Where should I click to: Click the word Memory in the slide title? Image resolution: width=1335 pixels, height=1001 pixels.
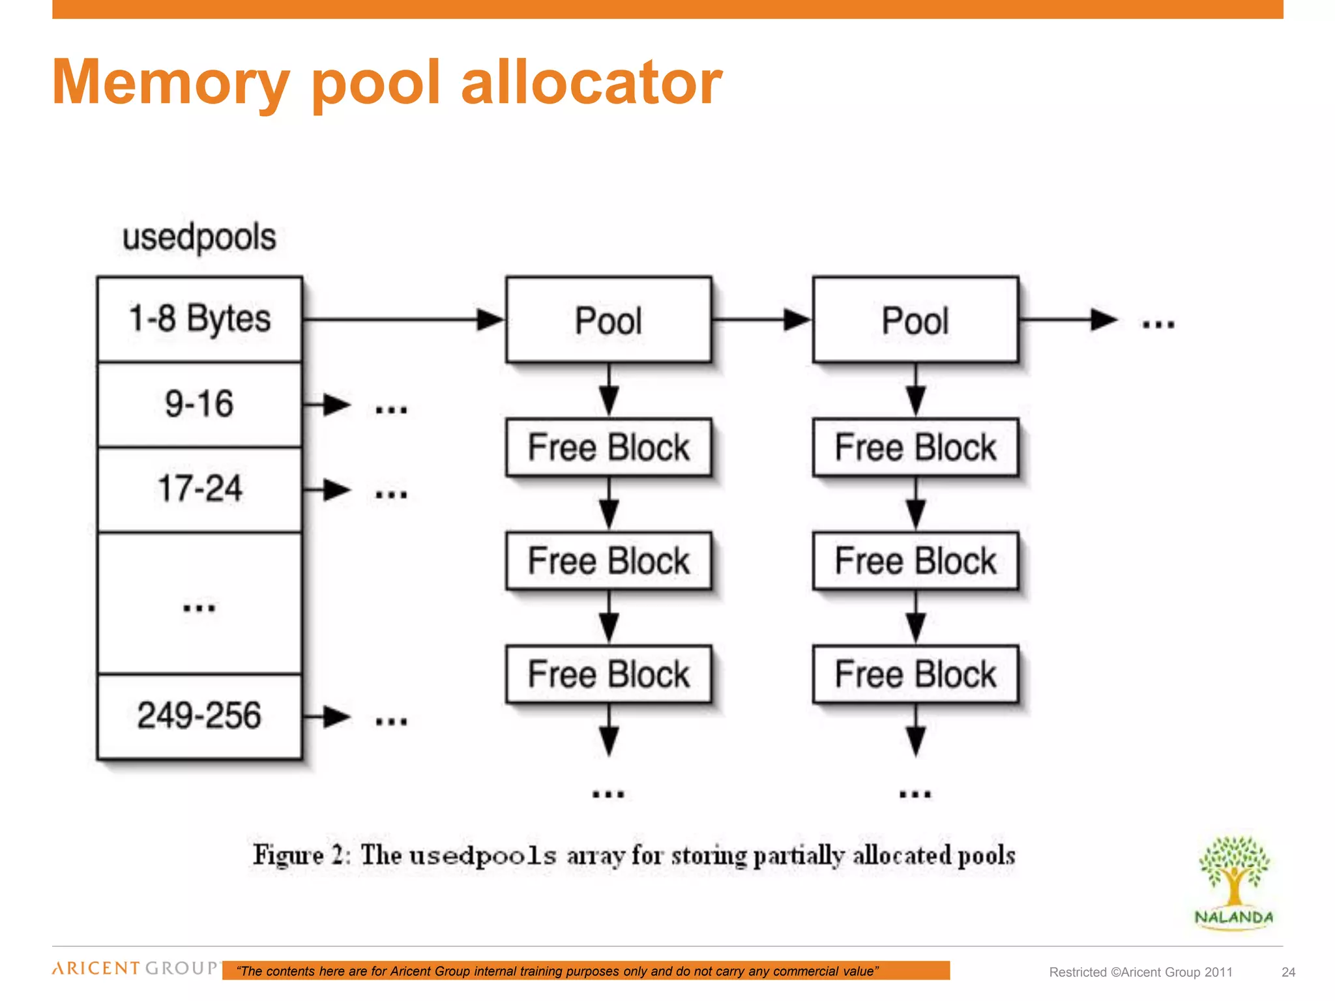(x=171, y=83)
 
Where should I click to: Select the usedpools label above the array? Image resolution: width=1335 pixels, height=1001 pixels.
(x=199, y=237)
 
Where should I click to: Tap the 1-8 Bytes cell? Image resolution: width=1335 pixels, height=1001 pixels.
(x=199, y=319)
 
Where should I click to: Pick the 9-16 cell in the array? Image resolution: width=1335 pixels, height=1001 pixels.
(x=199, y=404)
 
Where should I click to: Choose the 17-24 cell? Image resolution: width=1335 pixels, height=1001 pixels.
(x=199, y=489)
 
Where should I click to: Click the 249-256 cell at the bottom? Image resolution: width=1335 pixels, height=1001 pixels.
(x=199, y=716)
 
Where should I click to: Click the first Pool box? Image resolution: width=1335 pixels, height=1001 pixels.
(x=608, y=320)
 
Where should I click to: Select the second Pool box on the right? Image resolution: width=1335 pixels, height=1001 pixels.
(x=915, y=320)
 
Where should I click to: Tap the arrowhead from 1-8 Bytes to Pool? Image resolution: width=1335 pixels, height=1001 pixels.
(x=490, y=319)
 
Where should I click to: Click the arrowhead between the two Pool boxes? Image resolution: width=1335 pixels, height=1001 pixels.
(x=797, y=319)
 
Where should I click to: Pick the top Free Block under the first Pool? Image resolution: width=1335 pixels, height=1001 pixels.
(x=608, y=448)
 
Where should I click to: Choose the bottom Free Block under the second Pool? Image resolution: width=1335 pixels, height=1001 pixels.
(x=915, y=674)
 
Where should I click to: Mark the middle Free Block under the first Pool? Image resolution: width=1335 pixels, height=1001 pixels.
(x=608, y=561)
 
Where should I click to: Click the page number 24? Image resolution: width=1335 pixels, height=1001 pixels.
(x=1288, y=972)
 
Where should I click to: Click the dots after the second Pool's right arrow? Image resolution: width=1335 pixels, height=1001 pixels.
(x=1158, y=324)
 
